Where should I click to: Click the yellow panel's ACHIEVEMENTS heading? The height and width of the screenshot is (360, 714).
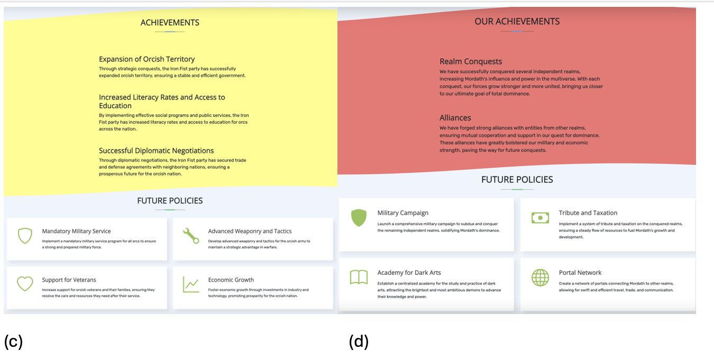170,23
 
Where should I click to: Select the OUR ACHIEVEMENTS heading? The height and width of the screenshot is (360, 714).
517,22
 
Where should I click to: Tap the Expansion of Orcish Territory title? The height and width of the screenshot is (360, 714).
147,59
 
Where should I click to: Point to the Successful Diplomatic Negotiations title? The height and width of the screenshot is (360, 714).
156,151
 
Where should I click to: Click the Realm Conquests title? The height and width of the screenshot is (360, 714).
471,62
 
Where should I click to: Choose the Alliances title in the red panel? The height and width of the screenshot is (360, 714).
455,118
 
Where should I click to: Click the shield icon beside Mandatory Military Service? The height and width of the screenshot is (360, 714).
25,236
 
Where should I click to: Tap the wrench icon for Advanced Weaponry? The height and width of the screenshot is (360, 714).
191,235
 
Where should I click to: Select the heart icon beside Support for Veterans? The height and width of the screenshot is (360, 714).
25,284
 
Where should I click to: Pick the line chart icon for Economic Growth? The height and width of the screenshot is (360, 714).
191,284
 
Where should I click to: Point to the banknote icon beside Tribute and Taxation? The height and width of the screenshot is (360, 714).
540,218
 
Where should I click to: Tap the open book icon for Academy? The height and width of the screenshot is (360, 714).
359,278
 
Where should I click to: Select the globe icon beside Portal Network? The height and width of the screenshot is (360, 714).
540,278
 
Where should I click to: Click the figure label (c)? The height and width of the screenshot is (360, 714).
13,342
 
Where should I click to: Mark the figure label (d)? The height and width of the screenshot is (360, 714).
359,342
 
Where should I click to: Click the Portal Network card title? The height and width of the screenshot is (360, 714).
580,273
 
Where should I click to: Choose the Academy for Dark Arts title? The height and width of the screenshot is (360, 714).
409,273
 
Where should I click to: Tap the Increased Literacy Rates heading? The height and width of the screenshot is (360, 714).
162,101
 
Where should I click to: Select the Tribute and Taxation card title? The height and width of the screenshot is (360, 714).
588,213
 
